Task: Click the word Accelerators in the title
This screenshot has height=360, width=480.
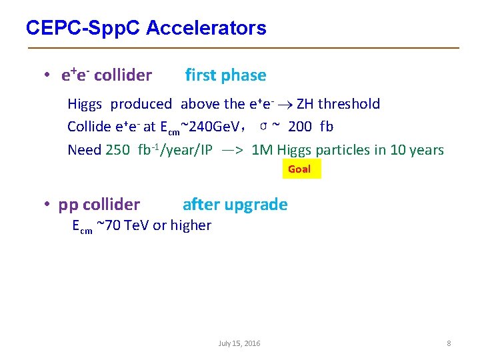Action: coord(206,28)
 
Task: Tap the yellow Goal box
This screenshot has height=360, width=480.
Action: coord(299,169)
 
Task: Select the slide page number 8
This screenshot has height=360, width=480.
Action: coord(449,343)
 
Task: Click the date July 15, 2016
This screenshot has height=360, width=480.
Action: coord(239,343)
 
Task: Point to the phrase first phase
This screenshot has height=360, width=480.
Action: coord(225,75)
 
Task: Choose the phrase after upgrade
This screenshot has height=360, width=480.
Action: coord(235,205)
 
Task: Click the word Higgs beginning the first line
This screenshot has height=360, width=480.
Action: coord(86,104)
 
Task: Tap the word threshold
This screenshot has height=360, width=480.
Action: coord(349,104)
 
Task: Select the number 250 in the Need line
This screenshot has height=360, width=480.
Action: coord(118,150)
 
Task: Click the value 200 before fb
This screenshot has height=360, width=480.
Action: coord(300,127)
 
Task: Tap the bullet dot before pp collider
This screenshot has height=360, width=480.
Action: coord(49,205)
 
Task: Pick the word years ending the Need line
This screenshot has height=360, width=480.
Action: coord(426,150)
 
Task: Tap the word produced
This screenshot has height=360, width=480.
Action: coord(141,104)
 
